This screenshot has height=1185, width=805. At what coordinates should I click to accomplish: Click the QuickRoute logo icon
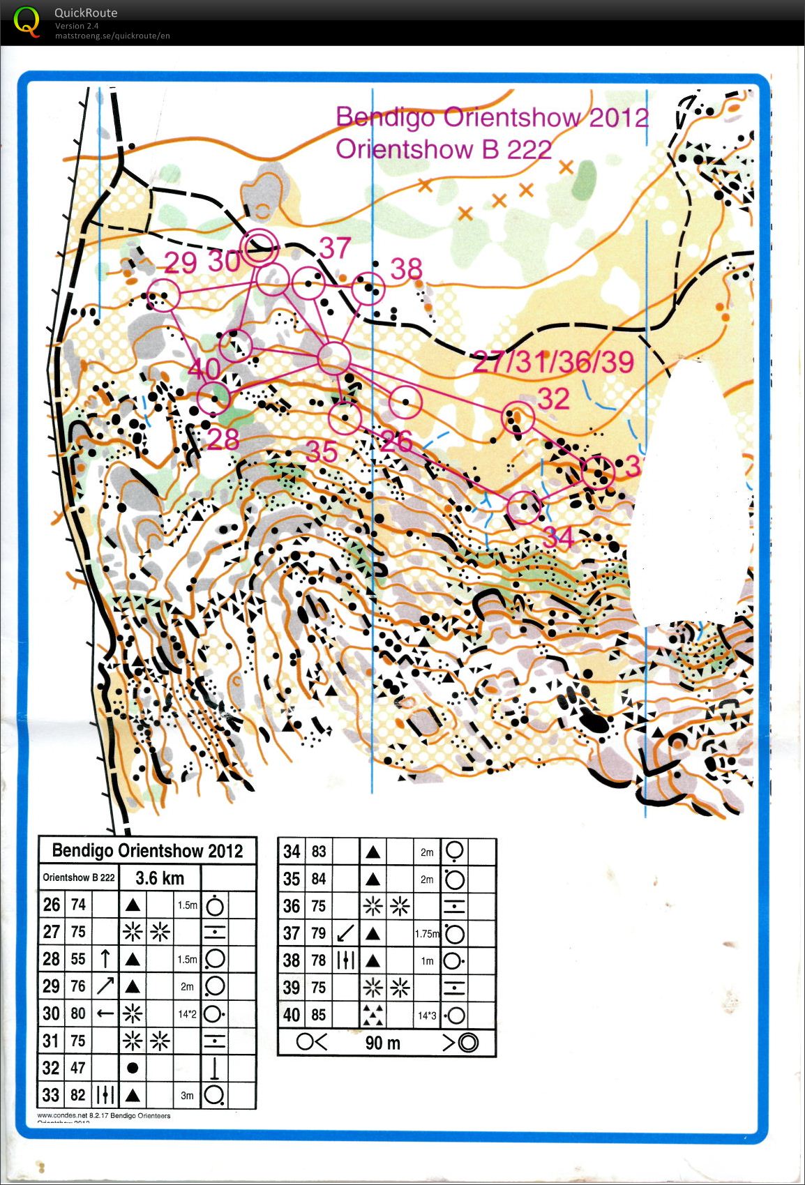click(x=27, y=21)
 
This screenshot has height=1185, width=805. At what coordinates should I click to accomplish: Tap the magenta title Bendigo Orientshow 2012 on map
click(x=492, y=117)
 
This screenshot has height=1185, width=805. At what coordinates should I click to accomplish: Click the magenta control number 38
click(x=407, y=269)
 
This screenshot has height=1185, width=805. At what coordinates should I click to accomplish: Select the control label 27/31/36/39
click(x=553, y=362)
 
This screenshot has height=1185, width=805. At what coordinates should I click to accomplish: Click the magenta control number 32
click(x=554, y=399)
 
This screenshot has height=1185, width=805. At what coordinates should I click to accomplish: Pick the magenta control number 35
click(x=322, y=451)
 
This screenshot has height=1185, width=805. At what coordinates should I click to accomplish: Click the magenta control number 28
click(x=223, y=439)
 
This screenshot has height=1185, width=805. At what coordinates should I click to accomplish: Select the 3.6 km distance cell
click(x=160, y=878)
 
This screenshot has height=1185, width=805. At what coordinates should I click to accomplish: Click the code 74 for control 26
click(x=78, y=905)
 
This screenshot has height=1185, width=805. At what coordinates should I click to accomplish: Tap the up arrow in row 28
click(x=105, y=958)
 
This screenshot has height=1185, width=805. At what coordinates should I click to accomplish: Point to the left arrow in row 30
click(x=105, y=1013)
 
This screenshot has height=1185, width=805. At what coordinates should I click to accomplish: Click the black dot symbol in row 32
click(x=133, y=1067)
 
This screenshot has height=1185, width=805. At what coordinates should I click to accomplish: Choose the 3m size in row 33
click(x=187, y=1095)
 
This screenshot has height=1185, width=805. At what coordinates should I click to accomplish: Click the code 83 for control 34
click(x=318, y=852)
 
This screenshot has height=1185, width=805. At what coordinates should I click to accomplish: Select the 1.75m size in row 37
click(x=426, y=933)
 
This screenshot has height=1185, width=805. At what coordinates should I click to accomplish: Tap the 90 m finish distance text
click(x=383, y=1043)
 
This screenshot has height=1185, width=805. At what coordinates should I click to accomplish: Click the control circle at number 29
click(x=163, y=294)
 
